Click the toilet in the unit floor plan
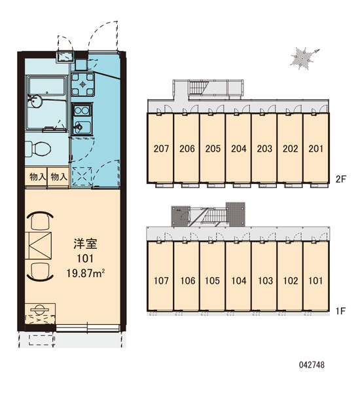[37, 149]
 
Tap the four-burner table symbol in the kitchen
[82, 84]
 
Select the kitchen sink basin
[82, 127]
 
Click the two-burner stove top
[82, 111]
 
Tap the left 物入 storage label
[38, 177]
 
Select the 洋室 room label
[85, 244]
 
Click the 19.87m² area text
[85, 273]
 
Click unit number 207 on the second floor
[161, 149]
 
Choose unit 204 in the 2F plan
[238, 149]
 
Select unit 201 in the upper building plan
[315, 149]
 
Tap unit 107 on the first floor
[161, 280]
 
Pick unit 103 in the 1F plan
[265, 280]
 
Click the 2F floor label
[341, 179]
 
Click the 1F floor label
[341, 311]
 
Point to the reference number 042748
[312, 365]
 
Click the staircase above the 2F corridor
[199, 88]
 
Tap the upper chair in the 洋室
[40, 221]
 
